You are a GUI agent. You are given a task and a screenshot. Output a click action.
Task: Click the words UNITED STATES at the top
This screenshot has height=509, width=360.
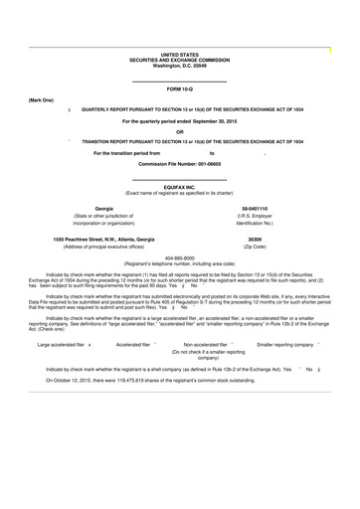pos(180,54)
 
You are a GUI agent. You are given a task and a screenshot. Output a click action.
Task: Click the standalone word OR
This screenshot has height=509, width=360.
pos(180,131)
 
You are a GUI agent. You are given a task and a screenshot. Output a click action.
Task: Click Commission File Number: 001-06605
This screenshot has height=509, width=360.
pos(180,163)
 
